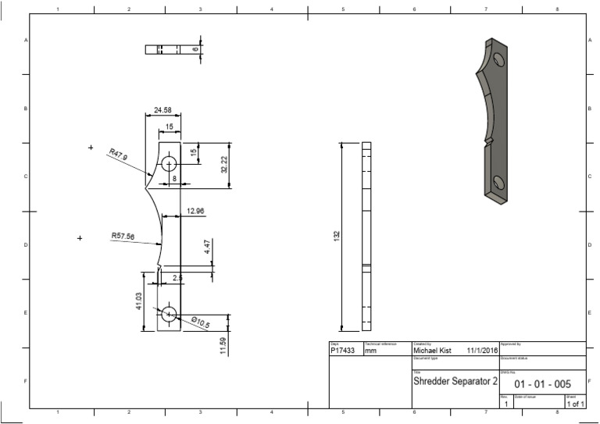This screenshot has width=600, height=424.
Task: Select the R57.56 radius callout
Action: (123, 235)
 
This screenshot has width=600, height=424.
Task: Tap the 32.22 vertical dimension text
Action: (224, 165)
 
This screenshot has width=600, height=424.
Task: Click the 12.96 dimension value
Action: (196, 211)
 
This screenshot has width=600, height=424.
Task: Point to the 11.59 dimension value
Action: (223, 344)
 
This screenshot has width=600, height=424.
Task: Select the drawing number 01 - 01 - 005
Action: (542, 384)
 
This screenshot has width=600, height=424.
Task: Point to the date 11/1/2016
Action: (482, 351)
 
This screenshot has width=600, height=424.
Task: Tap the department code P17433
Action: (343, 351)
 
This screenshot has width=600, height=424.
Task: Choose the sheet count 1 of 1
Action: (576, 404)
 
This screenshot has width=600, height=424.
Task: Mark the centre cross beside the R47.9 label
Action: (91, 147)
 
